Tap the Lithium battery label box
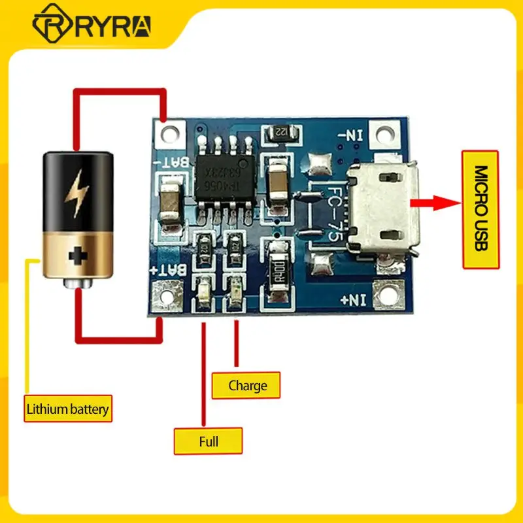67,410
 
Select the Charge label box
248,385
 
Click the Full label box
209,441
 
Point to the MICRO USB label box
481,209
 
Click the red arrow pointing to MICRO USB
438,203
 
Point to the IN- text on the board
350,137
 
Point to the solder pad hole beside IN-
385,135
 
